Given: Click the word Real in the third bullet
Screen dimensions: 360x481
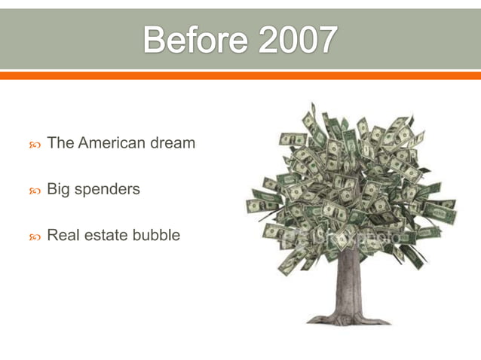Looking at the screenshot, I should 62,235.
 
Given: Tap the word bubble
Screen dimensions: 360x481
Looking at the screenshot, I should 156,235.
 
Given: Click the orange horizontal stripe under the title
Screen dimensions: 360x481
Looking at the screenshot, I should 240,75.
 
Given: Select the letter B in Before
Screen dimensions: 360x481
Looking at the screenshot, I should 154,40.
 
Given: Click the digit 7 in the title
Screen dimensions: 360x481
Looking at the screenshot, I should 325,40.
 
